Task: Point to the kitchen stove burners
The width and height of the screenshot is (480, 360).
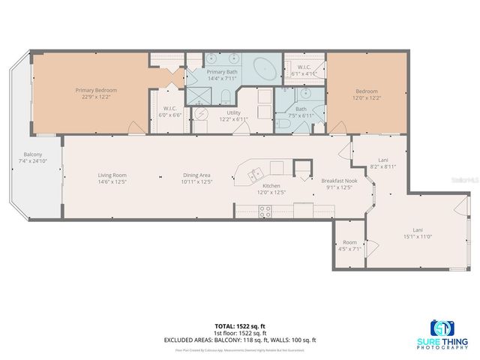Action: point(265,212)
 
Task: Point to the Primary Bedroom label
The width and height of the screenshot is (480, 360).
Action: point(96,90)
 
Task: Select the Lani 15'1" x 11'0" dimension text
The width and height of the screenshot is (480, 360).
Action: point(417,236)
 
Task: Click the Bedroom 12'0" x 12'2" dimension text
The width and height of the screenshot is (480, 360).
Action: point(366,97)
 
